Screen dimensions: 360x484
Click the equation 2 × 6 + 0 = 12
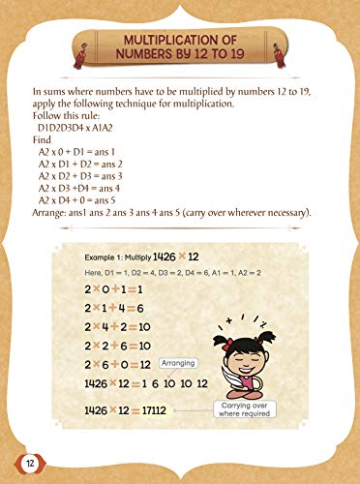click(121, 365)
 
